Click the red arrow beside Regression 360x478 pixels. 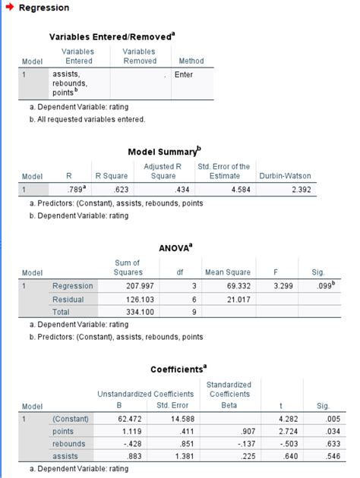pos(9,8)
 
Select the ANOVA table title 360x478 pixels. pos(176,247)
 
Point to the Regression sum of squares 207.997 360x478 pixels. pos(128,286)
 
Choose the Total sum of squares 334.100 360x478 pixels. pos(128,312)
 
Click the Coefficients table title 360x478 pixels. pos(178,369)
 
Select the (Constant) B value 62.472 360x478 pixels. pos(128,418)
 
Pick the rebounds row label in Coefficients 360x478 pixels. pos(69,443)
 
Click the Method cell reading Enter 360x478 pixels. pos(183,75)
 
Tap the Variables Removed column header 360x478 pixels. pos(140,56)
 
